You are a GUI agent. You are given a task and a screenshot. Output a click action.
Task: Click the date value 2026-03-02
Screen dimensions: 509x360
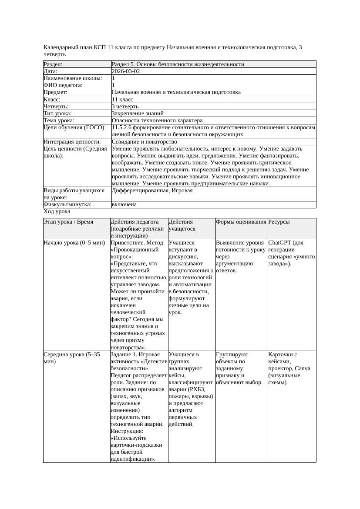(x=126, y=71)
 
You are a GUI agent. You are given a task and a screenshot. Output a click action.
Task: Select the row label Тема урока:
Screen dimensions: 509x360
(x=59, y=121)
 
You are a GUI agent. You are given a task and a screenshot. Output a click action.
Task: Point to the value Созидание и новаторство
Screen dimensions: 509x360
(x=144, y=142)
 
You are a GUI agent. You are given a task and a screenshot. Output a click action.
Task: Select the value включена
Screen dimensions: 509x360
(x=124, y=204)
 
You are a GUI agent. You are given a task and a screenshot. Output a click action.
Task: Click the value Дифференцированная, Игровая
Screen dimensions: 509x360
(x=152, y=191)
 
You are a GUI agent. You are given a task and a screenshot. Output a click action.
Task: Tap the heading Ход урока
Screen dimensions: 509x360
(x=57, y=211)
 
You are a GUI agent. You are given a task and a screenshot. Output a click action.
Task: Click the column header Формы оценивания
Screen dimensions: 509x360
(x=241, y=222)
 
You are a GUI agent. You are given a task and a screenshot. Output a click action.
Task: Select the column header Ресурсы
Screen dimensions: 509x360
(x=279, y=222)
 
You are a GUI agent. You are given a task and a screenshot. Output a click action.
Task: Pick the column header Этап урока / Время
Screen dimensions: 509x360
(x=68, y=222)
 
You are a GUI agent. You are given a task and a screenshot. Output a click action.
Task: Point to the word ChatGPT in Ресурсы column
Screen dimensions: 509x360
(x=280, y=243)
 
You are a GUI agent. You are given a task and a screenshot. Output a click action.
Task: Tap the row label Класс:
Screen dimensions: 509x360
(x=53, y=100)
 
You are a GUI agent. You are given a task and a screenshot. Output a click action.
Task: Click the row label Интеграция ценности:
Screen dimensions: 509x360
(x=72, y=142)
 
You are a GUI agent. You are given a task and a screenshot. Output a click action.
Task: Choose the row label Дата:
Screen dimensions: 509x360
(x=50, y=71)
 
